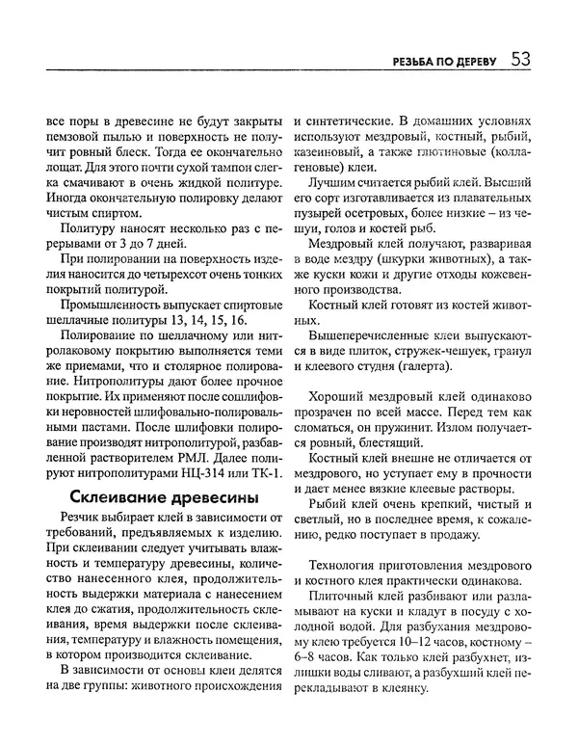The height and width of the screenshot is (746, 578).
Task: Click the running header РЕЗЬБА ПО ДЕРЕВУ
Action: (438, 63)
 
